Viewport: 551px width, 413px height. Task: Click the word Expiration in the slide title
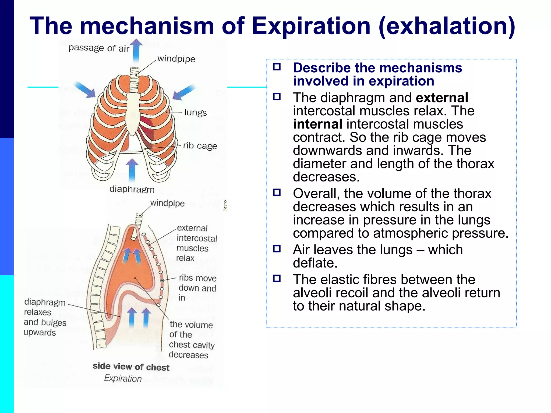311,26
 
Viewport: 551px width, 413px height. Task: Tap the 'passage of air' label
99,48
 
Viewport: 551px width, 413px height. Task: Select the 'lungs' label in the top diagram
195,112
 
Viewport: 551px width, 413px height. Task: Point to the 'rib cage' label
200,146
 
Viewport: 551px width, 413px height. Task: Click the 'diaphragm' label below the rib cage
132,189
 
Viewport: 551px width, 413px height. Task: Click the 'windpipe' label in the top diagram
176,59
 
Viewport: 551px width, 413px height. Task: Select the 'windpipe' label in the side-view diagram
167,203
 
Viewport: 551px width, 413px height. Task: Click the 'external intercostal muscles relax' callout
196,243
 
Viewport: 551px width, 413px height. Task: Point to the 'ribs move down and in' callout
197,288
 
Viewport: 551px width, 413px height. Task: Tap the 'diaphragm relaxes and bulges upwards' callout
45,317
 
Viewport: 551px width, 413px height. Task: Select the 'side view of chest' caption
131,367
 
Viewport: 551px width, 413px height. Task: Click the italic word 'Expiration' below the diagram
123,378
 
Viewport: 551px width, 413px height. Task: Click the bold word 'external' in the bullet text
442,98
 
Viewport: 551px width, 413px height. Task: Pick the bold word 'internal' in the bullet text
317,124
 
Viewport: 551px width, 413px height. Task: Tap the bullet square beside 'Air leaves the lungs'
277,249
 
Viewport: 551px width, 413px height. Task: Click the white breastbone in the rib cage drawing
133,113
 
